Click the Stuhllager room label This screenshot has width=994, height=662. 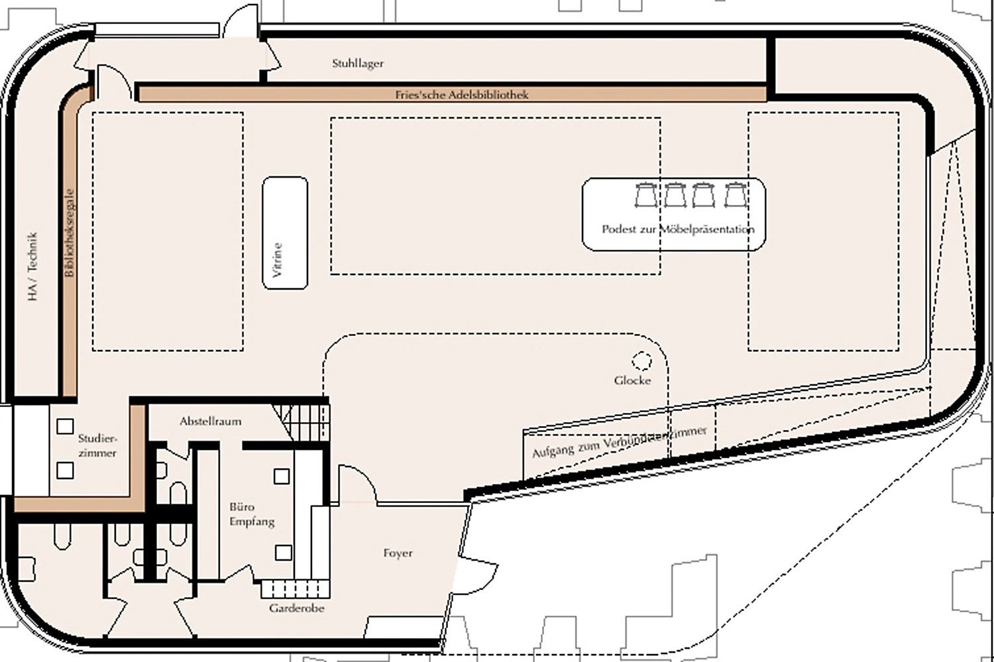pyautogui.click(x=358, y=64)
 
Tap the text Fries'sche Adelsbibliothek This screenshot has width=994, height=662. pyautogui.click(x=461, y=95)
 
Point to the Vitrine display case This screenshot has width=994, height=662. pyautogui.click(x=285, y=233)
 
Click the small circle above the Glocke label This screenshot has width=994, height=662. pyautogui.click(x=641, y=361)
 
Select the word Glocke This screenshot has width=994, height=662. pyautogui.click(x=632, y=380)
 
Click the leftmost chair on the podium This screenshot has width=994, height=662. pyautogui.click(x=645, y=195)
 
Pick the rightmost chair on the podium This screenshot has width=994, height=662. pyautogui.click(x=736, y=195)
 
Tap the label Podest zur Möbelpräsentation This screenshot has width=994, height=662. pyautogui.click(x=678, y=229)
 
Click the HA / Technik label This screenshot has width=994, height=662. pyautogui.click(x=32, y=266)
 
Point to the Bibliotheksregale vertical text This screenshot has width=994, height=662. pyautogui.click(x=70, y=233)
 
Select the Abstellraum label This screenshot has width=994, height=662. pyautogui.click(x=210, y=421)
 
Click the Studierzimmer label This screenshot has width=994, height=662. pyautogui.click(x=97, y=445)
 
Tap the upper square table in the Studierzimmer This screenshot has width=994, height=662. pyautogui.click(x=65, y=426)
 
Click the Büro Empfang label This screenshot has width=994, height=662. pyautogui.click(x=252, y=514)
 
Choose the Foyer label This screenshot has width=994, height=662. pyautogui.click(x=398, y=553)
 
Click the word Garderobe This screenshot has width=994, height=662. pyautogui.click(x=296, y=608)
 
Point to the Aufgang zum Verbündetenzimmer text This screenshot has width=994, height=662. pyautogui.click(x=620, y=442)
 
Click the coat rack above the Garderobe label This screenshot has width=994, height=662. pyautogui.click(x=295, y=589)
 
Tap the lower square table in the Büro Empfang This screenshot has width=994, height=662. pyautogui.click(x=284, y=553)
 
